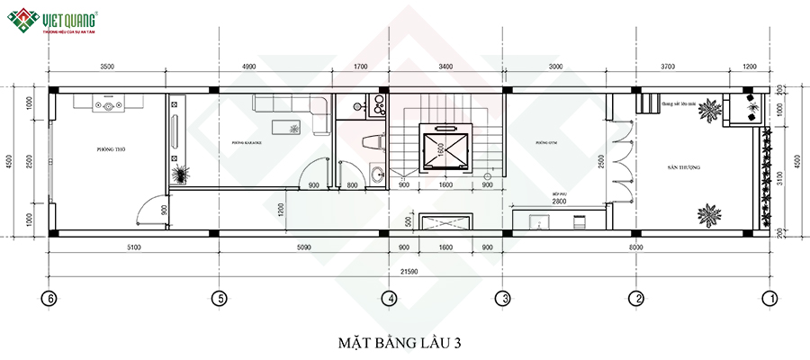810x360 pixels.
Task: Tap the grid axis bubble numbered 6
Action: [49, 298]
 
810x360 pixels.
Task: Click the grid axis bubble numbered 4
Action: [388, 298]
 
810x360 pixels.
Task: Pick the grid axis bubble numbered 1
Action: [769, 298]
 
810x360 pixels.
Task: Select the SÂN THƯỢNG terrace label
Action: [684, 168]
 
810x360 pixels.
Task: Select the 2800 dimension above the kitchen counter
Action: [560, 202]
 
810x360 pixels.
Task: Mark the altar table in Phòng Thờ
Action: [109, 104]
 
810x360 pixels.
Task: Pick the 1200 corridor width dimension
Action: [282, 210]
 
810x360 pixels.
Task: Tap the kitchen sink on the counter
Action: [533, 219]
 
